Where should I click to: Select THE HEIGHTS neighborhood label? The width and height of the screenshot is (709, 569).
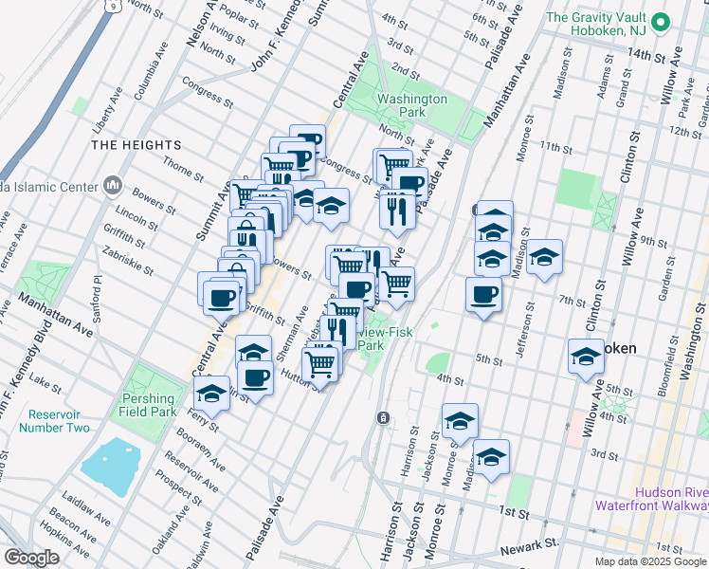pyautogui.click(x=136, y=144)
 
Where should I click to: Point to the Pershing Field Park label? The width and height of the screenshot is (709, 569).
pyautogui.click(x=148, y=406)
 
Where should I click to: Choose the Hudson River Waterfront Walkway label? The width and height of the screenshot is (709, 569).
pyautogui.click(x=651, y=499)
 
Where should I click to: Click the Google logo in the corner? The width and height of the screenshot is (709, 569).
pyautogui.click(x=32, y=557)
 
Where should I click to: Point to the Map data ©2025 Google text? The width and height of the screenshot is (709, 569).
pyautogui.click(x=650, y=561)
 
